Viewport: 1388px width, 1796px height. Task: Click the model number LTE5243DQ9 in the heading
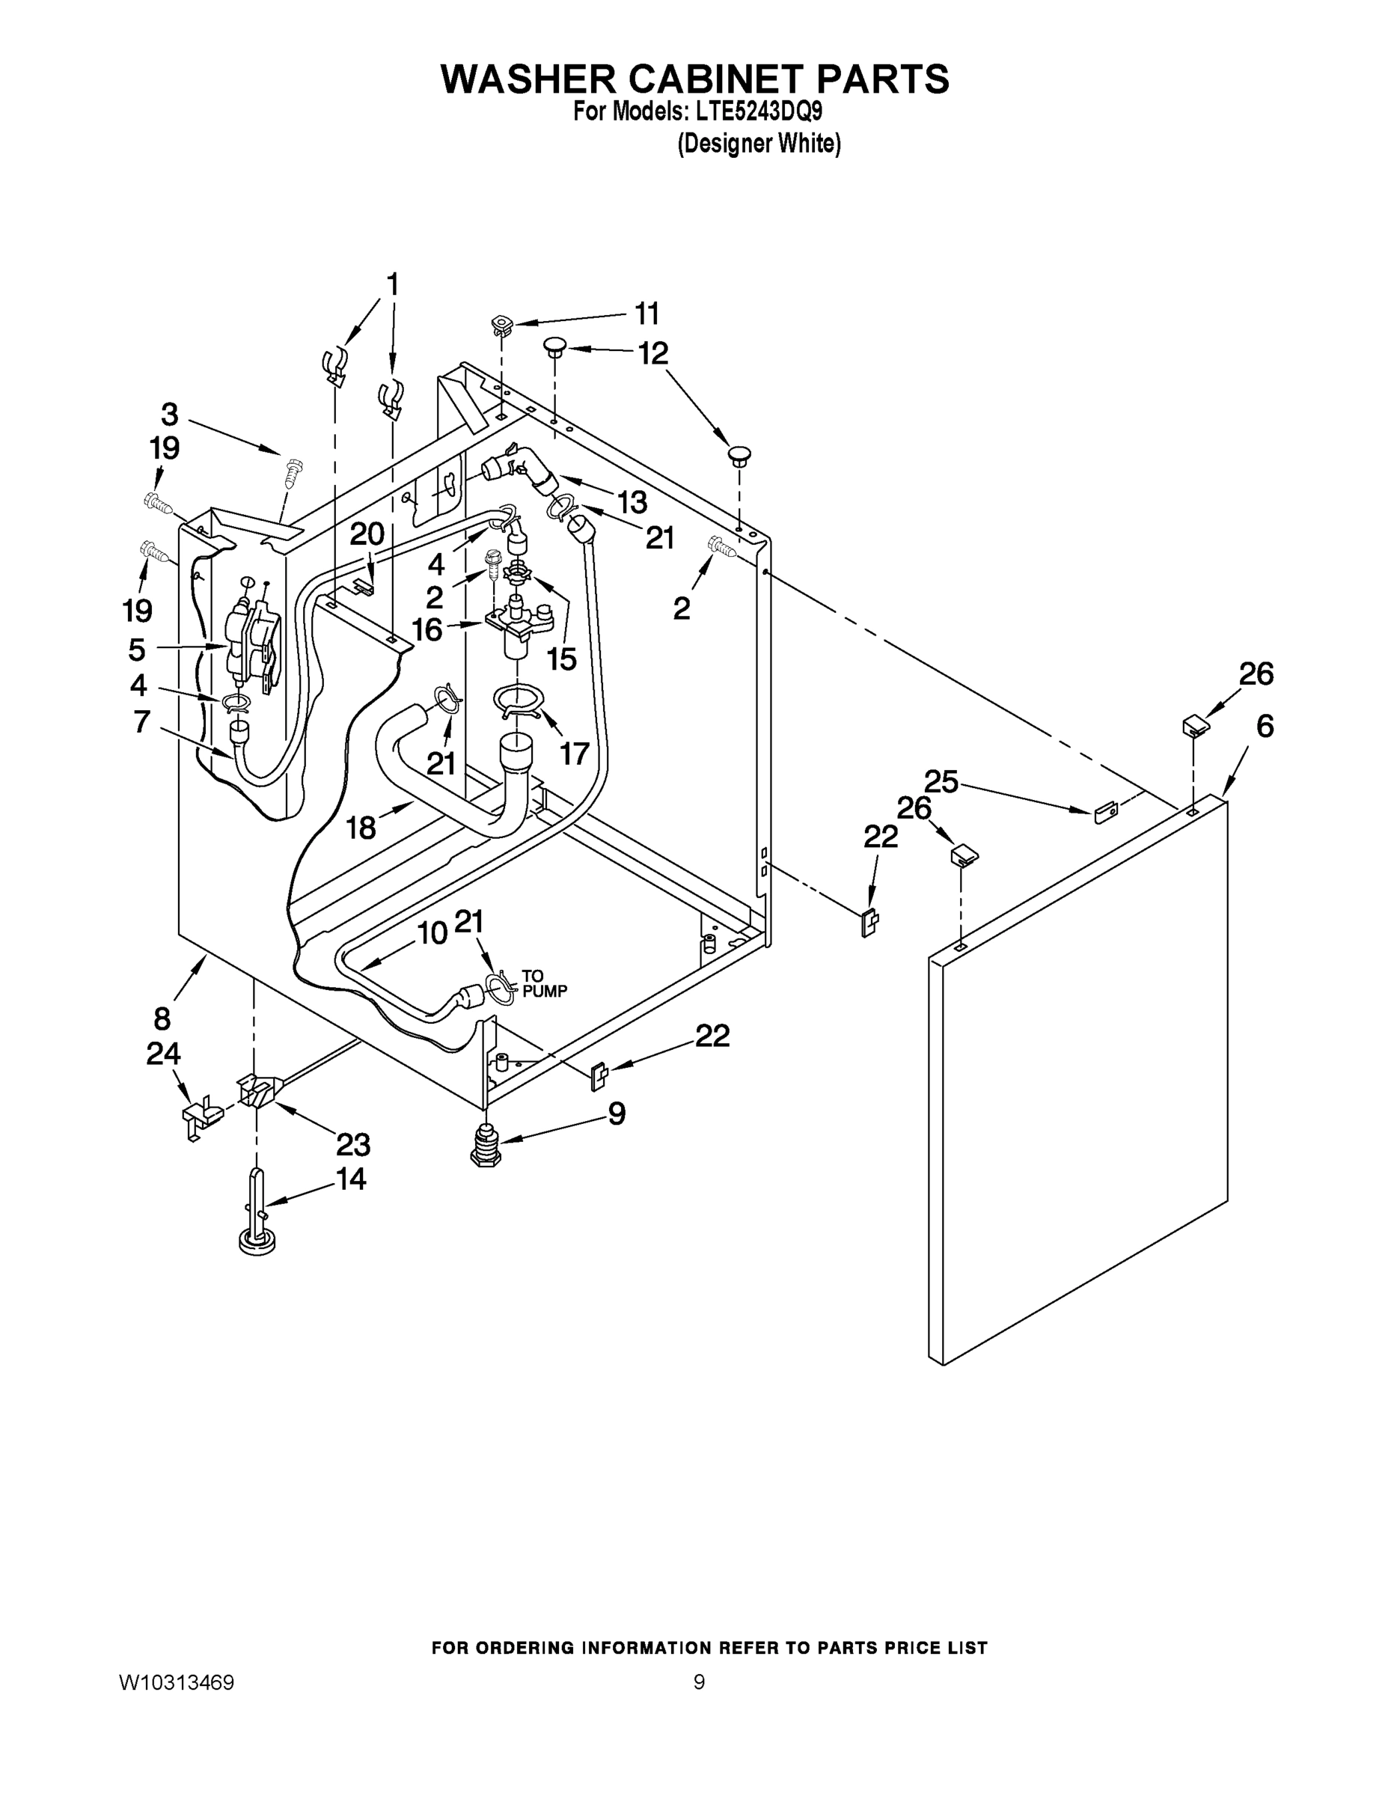[x=755, y=112]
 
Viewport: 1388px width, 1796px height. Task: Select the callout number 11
[x=647, y=314]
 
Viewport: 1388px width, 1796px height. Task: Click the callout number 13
[x=632, y=501]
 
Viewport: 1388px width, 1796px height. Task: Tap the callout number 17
[x=575, y=752]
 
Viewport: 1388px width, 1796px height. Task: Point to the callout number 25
[x=941, y=781]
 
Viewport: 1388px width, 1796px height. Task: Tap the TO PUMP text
[x=544, y=984]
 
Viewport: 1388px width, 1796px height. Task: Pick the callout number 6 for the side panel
[x=1265, y=726]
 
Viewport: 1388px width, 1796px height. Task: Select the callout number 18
[x=361, y=827]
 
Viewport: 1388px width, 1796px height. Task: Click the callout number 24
[x=163, y=1054]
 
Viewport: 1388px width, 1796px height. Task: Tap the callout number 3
[x=169, y=414]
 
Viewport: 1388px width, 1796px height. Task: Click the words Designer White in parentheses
[x=758, y=144]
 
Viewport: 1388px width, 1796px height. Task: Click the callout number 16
[x=427, y=630]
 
